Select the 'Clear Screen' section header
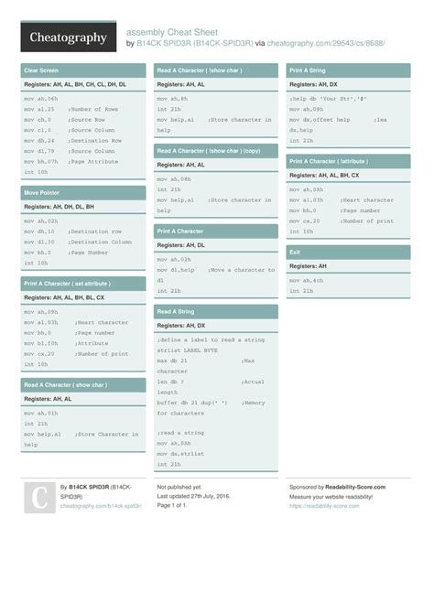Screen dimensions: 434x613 (x=41, y=70)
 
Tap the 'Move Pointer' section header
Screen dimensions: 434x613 (x=43, y=193)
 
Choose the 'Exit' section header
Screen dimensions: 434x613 (x=295, y=252)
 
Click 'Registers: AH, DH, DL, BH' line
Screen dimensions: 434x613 (x=59, y=207)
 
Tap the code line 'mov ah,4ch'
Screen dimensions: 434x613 (x=308, y=280)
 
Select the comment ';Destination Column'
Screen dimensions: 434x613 (x=101, y=242)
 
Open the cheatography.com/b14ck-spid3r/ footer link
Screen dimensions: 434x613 (x=101, y=505)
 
